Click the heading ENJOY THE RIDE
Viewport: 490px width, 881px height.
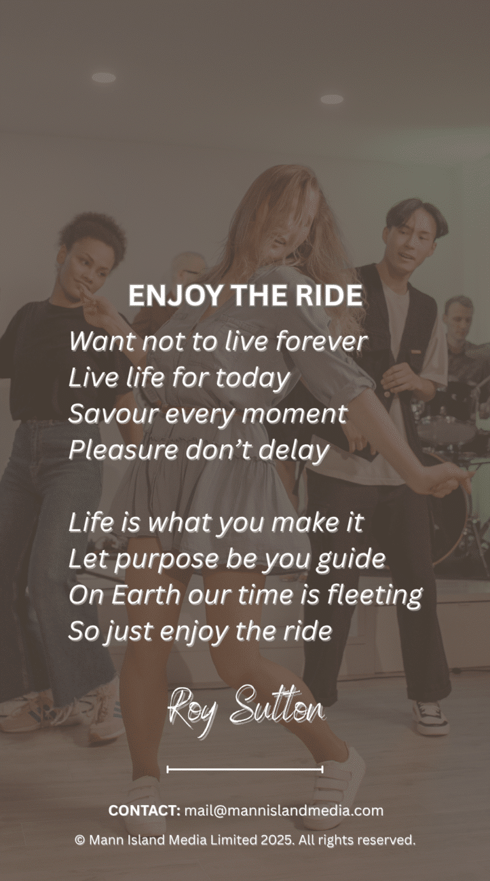pos(245,296)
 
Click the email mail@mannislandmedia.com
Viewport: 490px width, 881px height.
pos(284,811)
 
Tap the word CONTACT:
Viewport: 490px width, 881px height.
pos(144,811)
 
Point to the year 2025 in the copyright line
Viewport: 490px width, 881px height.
pos(277,840)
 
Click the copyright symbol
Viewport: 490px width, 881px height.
pos(80,840)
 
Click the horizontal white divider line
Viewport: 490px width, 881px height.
pos(245,769)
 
